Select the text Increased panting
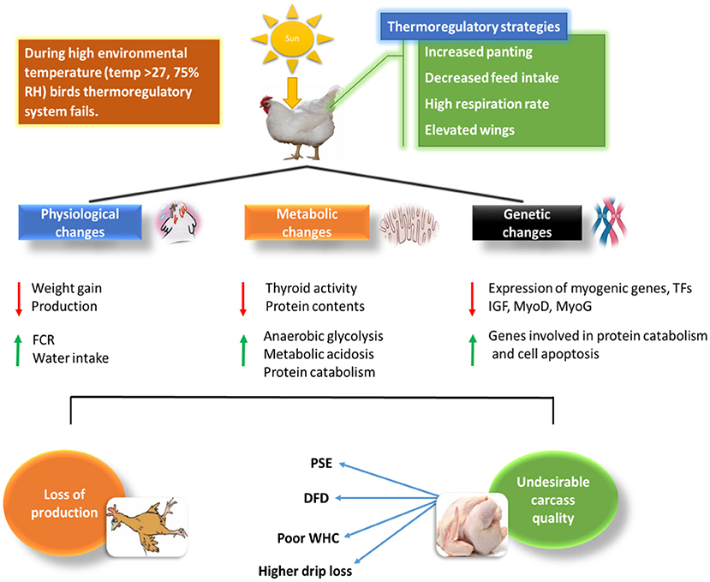tap(478, 52)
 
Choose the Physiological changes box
tap(78, 221)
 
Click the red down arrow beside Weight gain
tap(16, 297)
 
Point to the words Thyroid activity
tap(311, 288)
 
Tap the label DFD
tap(319, 498)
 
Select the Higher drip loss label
tap(307, 570)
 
